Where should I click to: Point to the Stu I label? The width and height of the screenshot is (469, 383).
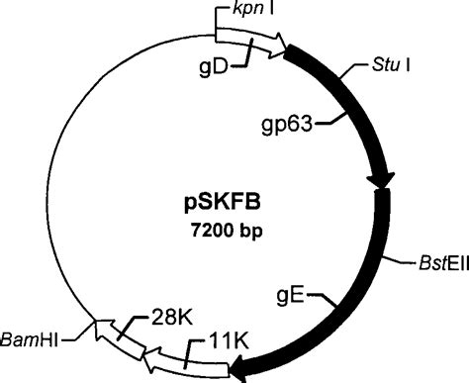tap(374, 69)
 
